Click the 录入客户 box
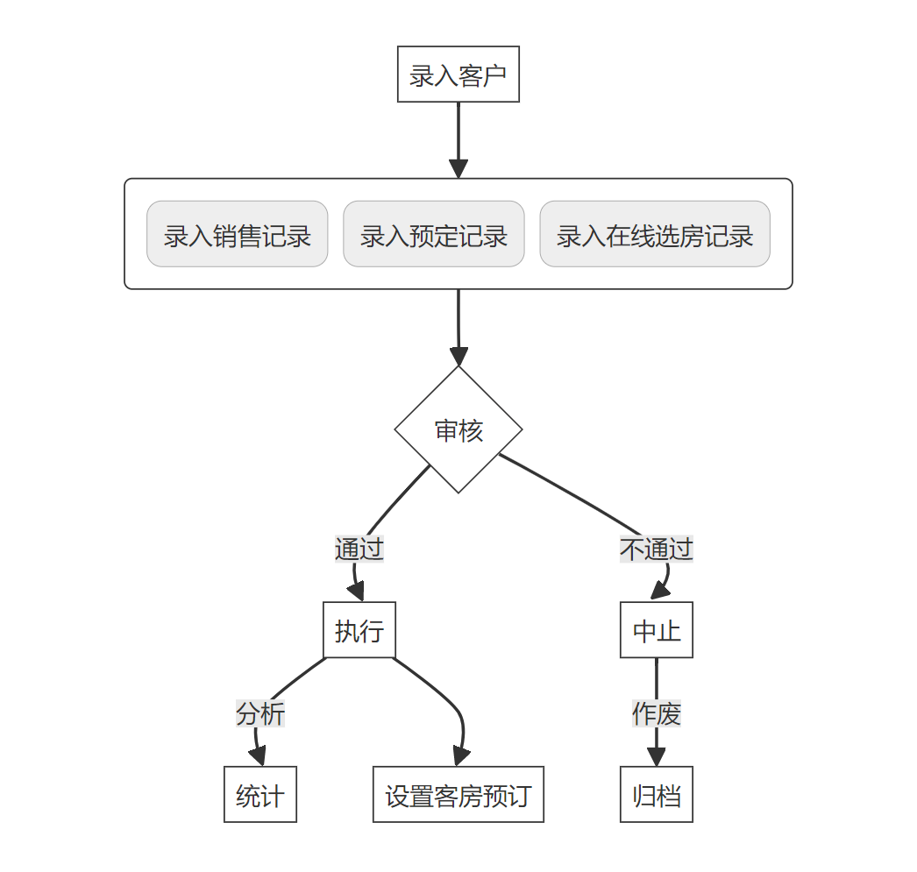[458, 74]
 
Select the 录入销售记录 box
[237, 234]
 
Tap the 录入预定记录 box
[433, 234]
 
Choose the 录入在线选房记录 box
[654, 234]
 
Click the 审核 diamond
[458, 429]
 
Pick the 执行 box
[359, 630]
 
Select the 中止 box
[657, 630]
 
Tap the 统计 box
[260, 795]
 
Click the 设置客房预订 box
[458, 795]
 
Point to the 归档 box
[657, 795]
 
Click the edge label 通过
[359, 549]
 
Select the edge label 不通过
[657, 549]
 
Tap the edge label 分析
[260, 714]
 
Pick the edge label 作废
[657, 714]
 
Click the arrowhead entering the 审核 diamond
[458, 357]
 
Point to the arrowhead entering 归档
[657, 758]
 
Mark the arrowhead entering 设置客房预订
[460, 757]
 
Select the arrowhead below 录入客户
[458, 169]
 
